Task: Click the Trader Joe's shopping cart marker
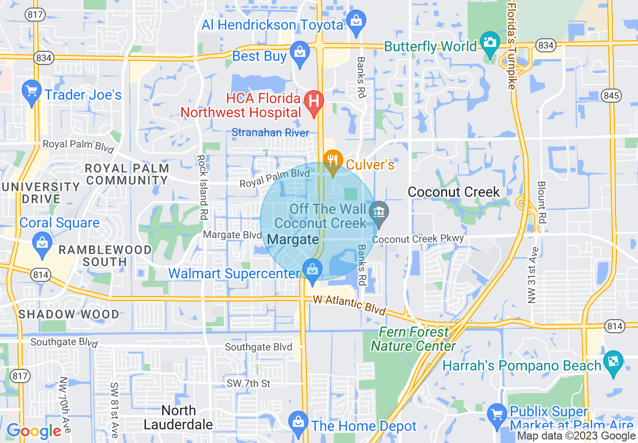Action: pos(32,92)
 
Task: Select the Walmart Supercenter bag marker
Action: pos(312,269)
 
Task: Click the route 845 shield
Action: pos(617,96)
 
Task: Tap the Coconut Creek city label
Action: pos(454,192)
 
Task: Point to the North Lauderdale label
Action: pos(178,418)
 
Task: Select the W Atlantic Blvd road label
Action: pos(349,305)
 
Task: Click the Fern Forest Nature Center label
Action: pos(414,339)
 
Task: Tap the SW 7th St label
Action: pos(249,384)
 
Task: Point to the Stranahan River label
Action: pos(270,133)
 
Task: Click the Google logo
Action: pos(34,431)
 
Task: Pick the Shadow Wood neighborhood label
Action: pos(69,314)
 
